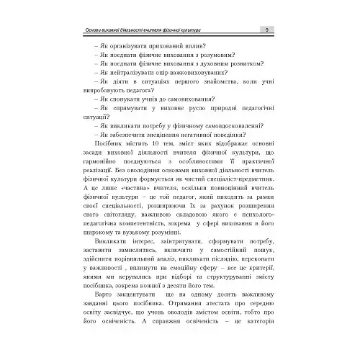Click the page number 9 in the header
pos(266,30)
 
